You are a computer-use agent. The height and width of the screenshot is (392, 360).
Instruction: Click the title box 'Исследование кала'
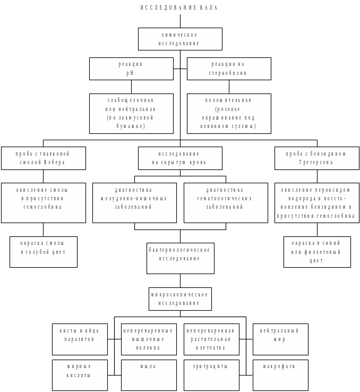[x=180, y=7]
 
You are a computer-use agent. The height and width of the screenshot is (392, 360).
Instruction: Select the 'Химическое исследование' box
[x=180, y=39]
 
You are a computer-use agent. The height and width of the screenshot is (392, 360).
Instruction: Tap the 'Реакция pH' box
[x=131, y=69]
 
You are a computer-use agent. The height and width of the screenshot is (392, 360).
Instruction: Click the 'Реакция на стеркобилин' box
[x=229, y=69]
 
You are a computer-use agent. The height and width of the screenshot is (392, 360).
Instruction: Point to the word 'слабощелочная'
[x=131, y=100]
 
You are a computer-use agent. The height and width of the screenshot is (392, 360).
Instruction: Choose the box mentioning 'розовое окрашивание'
[x=229, y=113]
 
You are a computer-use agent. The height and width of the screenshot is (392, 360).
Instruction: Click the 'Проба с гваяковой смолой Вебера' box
[x=44, y=158]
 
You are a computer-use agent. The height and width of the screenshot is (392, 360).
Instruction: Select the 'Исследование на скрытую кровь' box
[x=180, y=158]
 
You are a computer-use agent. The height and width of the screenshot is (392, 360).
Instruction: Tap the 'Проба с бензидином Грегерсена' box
[x=316, y=158]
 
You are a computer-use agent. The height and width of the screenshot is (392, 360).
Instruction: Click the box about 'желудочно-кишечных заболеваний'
[x=134, y=202]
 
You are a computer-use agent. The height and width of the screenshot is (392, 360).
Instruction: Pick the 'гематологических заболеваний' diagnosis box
[x=226, y=202]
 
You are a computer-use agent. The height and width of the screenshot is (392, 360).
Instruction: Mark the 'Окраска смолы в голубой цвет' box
[x=44, y=252]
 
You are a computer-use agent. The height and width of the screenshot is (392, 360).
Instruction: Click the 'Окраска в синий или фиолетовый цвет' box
[x=316, y=252]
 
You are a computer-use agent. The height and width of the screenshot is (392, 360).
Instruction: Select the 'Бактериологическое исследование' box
[x=180, y=258]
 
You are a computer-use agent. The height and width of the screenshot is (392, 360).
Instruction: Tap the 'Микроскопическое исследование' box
[x=180, y=299]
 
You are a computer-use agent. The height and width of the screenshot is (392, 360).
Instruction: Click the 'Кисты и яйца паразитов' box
[x=80, y=339]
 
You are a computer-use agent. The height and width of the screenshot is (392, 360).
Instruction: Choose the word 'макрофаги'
[x=280, y=367]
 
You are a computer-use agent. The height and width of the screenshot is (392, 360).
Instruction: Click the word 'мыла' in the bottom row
[x=148, y=367]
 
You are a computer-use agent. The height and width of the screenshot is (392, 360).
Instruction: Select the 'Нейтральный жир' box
[x=280, y=339]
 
